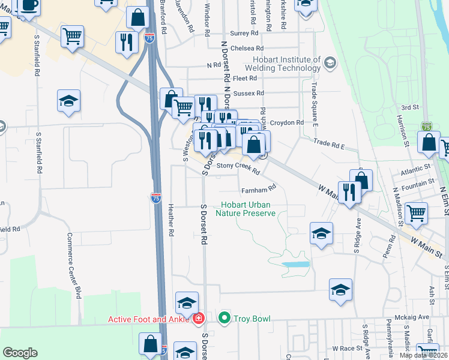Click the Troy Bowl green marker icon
(x=225, y=318)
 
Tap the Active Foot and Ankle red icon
(x=199, y=318)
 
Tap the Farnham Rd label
(x=258, y=190)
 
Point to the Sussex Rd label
(x=252, y=93)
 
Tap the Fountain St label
(x=420, y=182)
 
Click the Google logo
(x=20, y=353)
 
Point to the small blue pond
(x=295, y=263)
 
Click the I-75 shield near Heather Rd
(x=156, y=198)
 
